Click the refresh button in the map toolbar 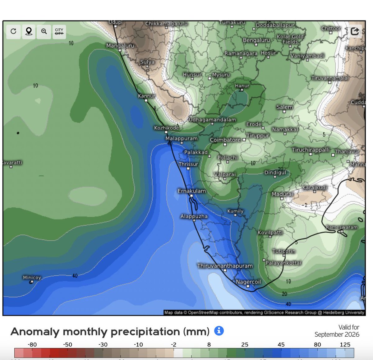point(13,31)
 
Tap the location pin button point(29,31)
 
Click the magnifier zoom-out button point(44,31)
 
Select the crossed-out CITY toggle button point(59,31)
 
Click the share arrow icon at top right point(355,31)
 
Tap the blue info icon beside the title point(219,331)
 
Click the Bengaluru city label point(256,40)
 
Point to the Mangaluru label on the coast point(120,46)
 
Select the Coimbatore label point(225,140)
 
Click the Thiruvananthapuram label point(225,266)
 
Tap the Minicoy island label point(32,277)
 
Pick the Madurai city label point(282,194)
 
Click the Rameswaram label point(342,227)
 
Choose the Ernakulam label point(191,191)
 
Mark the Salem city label point(284,107)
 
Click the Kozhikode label point(166,128)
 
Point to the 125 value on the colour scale point(345,344)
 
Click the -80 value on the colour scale point(32,344)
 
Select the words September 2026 point(337,335)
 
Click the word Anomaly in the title point(35,332)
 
